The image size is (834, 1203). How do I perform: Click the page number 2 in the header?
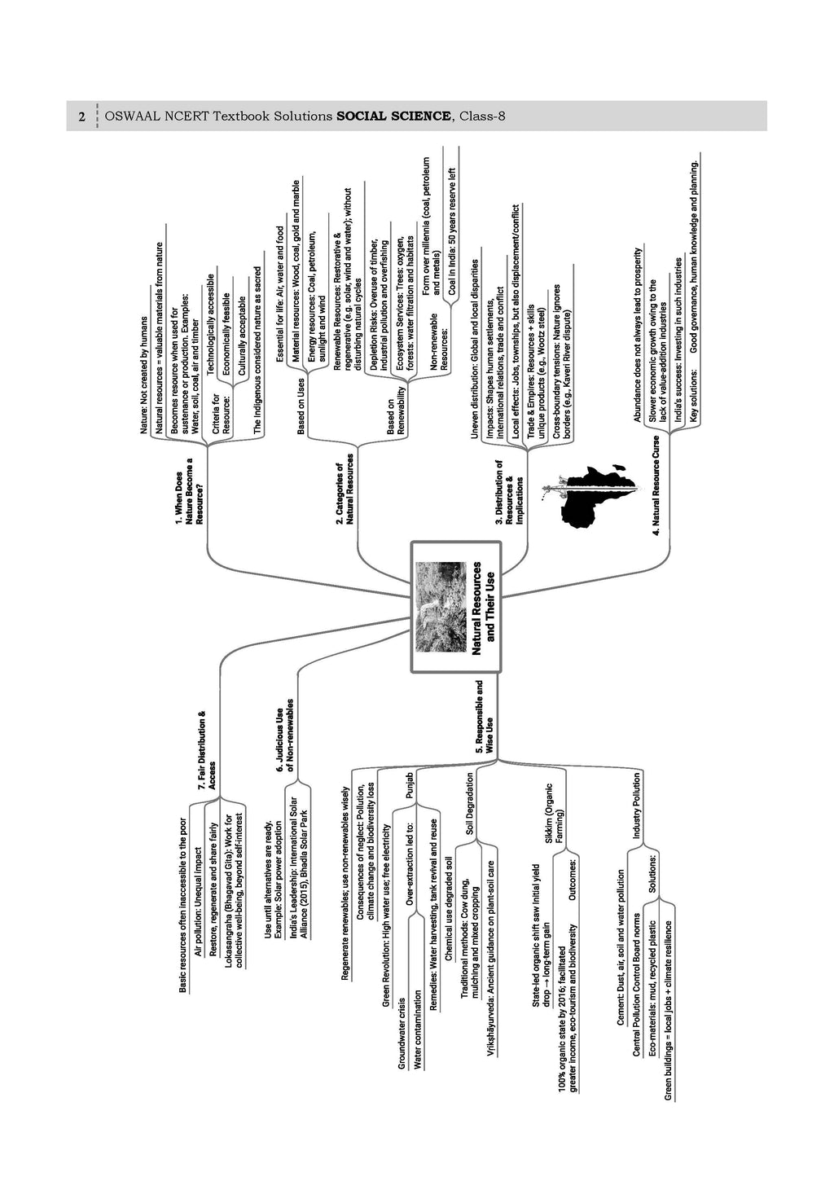(x=81, y=116)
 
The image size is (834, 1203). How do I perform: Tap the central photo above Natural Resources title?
(x=438, y=606)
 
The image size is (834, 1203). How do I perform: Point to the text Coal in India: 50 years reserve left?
(x=452, y=231)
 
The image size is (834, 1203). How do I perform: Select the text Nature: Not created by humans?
(x=144, y=375)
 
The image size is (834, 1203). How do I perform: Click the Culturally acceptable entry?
(x=242, y=336)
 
